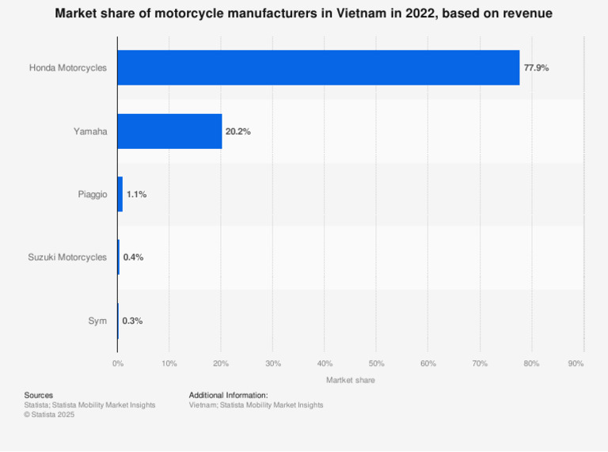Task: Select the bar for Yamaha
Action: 169,131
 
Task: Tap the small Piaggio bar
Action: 120,194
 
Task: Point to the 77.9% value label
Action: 536,68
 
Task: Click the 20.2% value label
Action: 237,131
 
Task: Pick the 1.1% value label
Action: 136,194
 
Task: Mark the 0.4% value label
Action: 133,257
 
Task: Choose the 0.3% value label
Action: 132,321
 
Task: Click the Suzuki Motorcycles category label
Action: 67,257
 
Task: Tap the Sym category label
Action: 97,321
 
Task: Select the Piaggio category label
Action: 92,194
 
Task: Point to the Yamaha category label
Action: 90,131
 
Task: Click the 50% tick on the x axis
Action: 376,363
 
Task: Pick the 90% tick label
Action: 576,363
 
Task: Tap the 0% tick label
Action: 117,363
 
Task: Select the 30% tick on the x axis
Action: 272,363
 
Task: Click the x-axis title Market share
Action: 350,380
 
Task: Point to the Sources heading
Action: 39,395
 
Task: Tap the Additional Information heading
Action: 228,395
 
